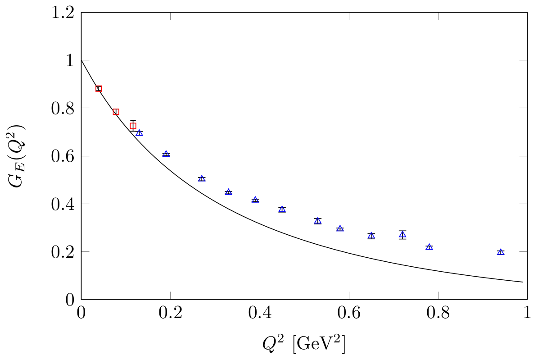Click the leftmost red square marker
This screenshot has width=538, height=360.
click(x=99, y=89)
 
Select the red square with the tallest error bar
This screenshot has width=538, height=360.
click(x=133, y=126)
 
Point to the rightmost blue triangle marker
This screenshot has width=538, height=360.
click(x=501, y=252)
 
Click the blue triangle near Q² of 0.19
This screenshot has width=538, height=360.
click(x=166, y=154)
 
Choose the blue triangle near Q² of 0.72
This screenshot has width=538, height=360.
click(x=402, y=234)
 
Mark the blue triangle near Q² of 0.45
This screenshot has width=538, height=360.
click(x=282, y=209)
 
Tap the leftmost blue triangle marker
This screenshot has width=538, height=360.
click(x=140, y=133)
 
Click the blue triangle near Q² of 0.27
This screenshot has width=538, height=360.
click(x=202, y=178)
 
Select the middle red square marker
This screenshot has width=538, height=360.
click(x=116, y=112)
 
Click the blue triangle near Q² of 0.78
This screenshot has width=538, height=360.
click(x=429, y=247)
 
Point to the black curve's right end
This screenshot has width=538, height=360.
click(x=523, y=282)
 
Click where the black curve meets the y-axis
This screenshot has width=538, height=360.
click(x=81, y=60)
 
